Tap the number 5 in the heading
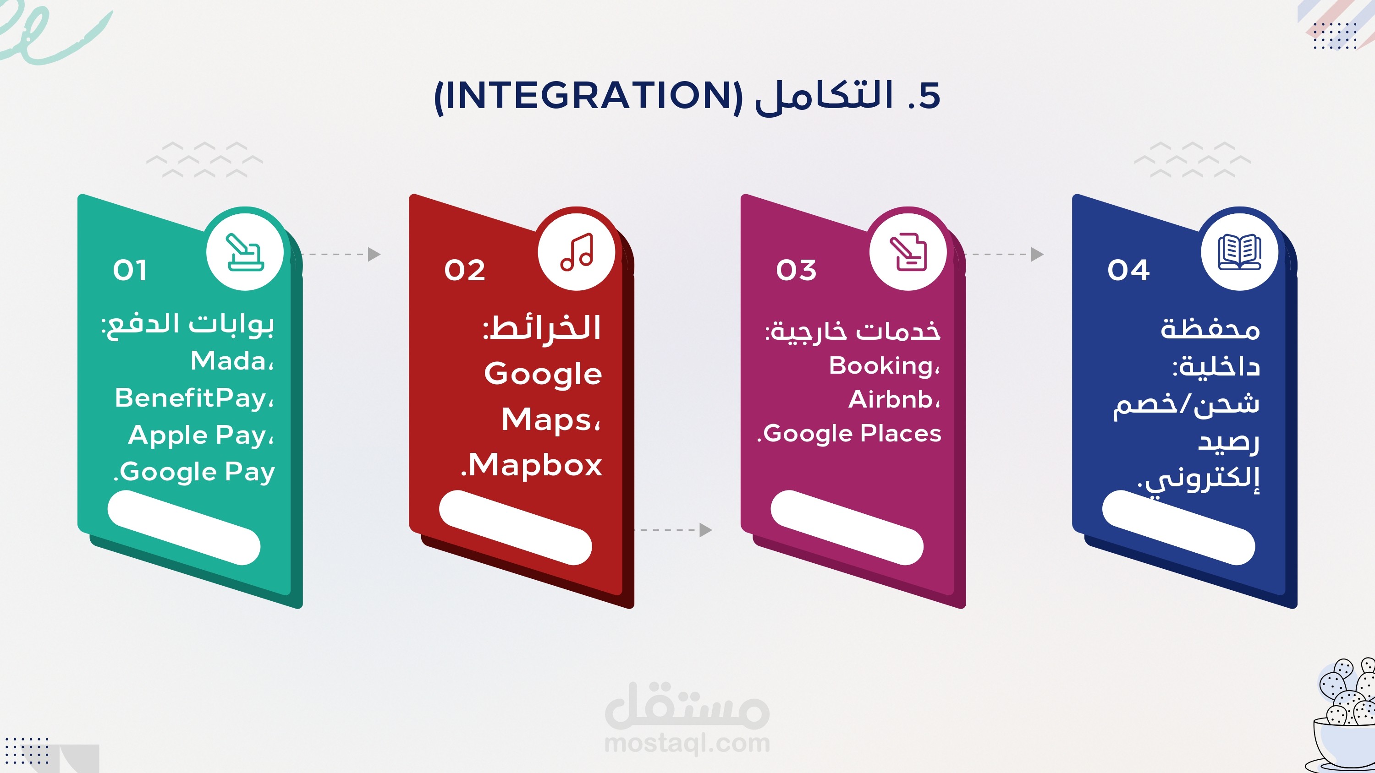pos(929,96)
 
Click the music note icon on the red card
pos(577,252)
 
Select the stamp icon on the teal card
pos(245,252)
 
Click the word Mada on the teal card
pos(228,361)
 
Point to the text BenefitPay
pos(191,398)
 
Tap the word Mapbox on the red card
pos(535,465)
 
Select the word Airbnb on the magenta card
pos(891,400)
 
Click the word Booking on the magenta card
pos(881,366)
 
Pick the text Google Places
pos(852,434)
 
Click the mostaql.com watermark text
pos(687,744)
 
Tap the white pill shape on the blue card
pos(1178,528)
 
